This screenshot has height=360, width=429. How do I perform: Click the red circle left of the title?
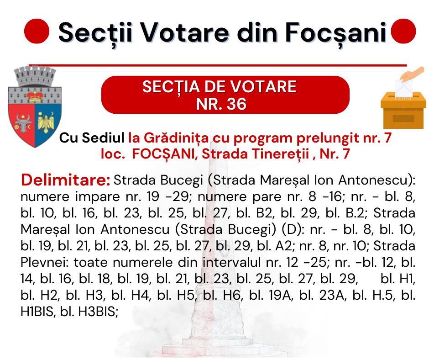point(37,31)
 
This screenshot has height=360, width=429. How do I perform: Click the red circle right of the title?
point(403,31)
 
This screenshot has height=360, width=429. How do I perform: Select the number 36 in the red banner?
point(236,104)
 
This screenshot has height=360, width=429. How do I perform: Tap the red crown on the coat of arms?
point(35,95)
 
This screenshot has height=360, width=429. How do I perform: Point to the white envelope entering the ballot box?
point(404,88)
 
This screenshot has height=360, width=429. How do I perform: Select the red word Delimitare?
point(66,180)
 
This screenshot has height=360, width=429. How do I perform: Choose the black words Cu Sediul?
point(92,138)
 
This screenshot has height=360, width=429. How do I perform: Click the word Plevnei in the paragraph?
point(46,262)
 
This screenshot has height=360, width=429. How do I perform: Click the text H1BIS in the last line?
point(37,312)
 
